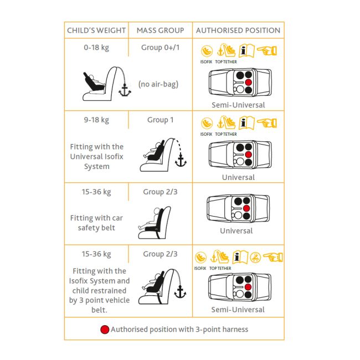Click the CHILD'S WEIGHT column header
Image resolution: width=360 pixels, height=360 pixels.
coord(96,30)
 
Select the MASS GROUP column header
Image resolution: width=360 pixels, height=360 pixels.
coord(160,30)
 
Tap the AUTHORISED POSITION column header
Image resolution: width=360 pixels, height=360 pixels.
coord(238,30)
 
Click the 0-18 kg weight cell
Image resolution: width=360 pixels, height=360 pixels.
coord(96,48)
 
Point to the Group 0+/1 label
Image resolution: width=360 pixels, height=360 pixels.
coord(160,48)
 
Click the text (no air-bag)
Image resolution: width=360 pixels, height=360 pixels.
coord(158,84)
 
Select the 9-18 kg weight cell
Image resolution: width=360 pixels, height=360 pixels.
coord(96,120)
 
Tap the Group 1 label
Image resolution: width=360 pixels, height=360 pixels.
coord(160,120)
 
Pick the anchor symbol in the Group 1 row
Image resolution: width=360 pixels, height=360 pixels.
coord(181,161)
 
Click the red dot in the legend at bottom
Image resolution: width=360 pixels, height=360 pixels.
coord(105,330)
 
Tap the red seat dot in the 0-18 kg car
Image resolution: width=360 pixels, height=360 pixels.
coord(248,83)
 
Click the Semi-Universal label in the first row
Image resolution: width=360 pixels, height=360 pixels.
coord(238,105)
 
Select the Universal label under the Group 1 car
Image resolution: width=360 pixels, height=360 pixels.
coord(238,177)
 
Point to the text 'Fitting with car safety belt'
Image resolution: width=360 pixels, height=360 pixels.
coord(96,223)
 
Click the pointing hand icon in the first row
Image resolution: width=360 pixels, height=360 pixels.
coord(267,51)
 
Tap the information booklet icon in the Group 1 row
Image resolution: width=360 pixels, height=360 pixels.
coord(246,123)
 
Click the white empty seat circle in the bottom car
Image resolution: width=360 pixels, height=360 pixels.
coord(239,294)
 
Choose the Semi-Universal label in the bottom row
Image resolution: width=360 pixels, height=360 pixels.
coord(238,310)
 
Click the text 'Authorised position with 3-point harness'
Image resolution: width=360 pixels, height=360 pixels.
coord(179,330)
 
